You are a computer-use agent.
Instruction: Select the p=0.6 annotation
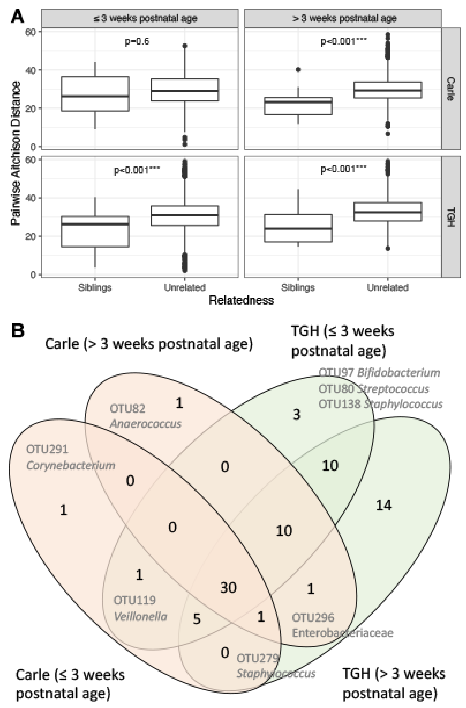[137, 41]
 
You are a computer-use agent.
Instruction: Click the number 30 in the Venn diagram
[228, 588]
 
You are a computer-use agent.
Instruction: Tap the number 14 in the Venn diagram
[384, 505]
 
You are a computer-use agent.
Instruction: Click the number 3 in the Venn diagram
[296, 414]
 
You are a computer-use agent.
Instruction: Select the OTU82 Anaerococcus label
[145, 416]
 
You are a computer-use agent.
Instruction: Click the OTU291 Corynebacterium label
[70, 457]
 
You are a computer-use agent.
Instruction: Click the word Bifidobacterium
[399, 372]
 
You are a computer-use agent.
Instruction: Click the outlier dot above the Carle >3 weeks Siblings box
[298, 70]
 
